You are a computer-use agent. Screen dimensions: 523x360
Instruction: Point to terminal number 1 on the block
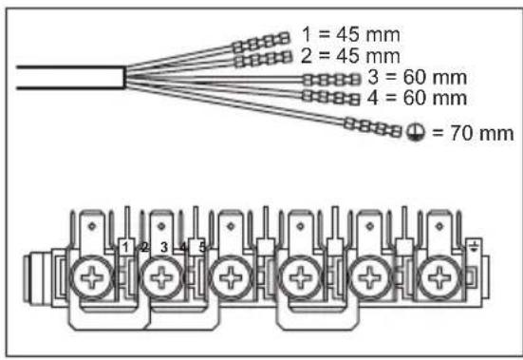(x=125, y=247)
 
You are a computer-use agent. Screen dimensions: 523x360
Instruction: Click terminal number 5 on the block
(x=201, y=247)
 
